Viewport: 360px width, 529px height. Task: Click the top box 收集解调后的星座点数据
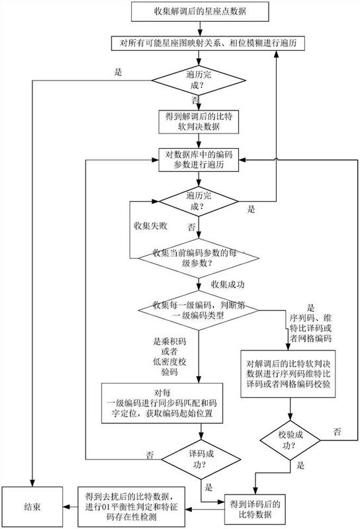200,11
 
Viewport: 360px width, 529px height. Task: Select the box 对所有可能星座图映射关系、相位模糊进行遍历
208,43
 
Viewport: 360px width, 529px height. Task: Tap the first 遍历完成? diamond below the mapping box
199,80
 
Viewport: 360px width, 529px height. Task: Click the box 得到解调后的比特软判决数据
199,122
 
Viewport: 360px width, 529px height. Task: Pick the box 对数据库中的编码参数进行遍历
199,159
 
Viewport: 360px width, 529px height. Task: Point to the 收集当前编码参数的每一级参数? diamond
199,258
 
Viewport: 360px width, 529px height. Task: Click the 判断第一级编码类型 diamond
199,310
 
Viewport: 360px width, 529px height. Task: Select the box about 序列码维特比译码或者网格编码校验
288,374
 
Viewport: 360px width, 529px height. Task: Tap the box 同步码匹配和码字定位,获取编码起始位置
162,403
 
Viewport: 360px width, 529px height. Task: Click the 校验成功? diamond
290,440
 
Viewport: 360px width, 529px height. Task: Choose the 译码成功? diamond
201,459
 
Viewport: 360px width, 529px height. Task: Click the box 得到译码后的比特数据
255,509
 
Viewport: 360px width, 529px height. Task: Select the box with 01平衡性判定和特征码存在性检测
132,507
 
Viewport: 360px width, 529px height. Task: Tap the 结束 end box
32,507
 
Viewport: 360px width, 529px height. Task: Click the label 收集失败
151,225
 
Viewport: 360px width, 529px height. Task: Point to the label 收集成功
228,284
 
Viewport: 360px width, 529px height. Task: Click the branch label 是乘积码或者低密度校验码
169,356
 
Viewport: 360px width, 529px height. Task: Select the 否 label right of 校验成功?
337,432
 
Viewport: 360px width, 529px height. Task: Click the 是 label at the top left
118,72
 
